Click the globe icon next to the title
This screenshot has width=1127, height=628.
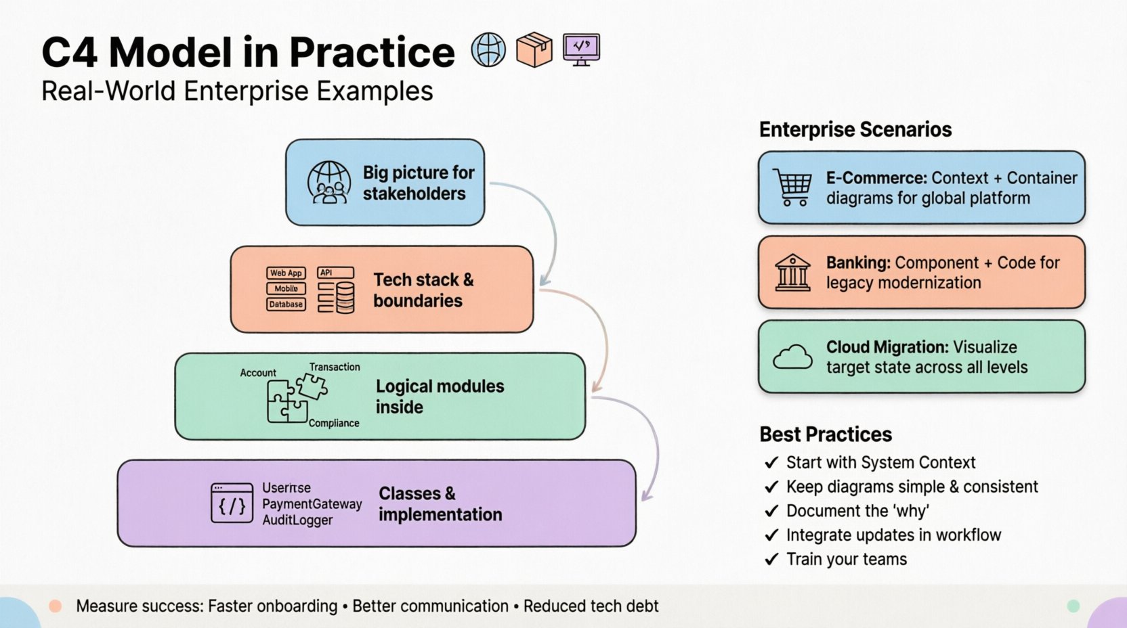488,50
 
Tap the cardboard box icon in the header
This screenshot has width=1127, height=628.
534,49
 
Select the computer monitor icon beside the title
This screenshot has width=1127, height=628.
581,49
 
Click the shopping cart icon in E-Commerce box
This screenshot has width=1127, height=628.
792,187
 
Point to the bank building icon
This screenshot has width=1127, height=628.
792,272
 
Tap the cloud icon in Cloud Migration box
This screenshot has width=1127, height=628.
792,357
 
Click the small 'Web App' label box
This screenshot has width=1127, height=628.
286,273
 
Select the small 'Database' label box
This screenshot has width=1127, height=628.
286,305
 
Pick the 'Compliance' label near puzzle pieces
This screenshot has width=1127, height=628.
334,423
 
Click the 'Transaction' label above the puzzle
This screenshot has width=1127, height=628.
335,367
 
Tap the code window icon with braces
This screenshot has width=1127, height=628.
232,503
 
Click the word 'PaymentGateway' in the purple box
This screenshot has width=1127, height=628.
312,504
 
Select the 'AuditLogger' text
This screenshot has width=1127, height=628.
297,520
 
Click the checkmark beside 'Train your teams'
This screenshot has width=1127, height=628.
771,560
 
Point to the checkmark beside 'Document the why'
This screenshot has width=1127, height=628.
771,511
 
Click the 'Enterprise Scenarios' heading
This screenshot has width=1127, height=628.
855,129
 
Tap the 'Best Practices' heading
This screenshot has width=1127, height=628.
825,434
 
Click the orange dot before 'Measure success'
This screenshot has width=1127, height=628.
56,606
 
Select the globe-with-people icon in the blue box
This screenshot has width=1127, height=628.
329,183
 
